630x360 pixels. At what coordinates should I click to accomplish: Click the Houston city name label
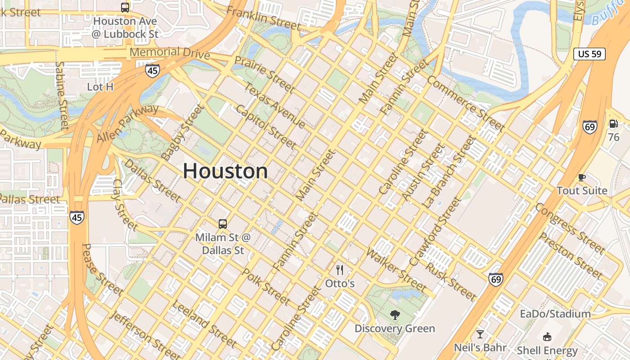225,171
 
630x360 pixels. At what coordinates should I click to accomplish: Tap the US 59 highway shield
589,54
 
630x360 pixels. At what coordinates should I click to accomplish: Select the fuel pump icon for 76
613,124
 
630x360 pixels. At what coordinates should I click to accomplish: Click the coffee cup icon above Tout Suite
581,177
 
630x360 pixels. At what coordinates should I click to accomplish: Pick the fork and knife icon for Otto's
340,270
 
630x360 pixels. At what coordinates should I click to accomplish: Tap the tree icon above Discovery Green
395,315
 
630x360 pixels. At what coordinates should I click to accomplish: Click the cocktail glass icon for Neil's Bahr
480,334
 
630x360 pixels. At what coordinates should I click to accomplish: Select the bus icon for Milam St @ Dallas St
222,224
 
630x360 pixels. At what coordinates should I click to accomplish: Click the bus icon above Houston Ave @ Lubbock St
125,7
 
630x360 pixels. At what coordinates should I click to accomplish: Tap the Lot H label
100,87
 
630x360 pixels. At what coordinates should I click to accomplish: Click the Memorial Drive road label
170,53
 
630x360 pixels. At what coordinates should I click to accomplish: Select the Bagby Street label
182,132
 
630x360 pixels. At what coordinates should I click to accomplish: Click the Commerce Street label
465,103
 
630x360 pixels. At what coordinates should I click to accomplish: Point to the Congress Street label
569,228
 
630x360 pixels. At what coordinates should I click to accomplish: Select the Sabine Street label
62,95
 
